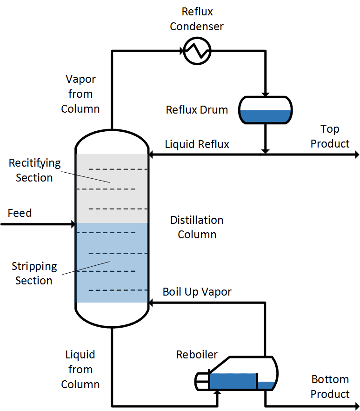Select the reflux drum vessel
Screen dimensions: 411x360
265,110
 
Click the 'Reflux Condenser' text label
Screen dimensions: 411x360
197,20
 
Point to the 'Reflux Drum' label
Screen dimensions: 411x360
197,110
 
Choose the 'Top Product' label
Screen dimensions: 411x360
330,136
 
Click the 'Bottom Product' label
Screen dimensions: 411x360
330,386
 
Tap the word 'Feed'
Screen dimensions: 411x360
20,213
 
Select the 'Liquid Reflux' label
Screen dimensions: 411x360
197,144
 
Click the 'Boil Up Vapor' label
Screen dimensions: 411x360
197,292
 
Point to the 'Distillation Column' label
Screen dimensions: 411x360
197,227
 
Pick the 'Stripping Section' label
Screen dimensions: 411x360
34,274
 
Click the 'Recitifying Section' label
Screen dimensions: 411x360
34,170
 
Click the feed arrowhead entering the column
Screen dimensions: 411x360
72,224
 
